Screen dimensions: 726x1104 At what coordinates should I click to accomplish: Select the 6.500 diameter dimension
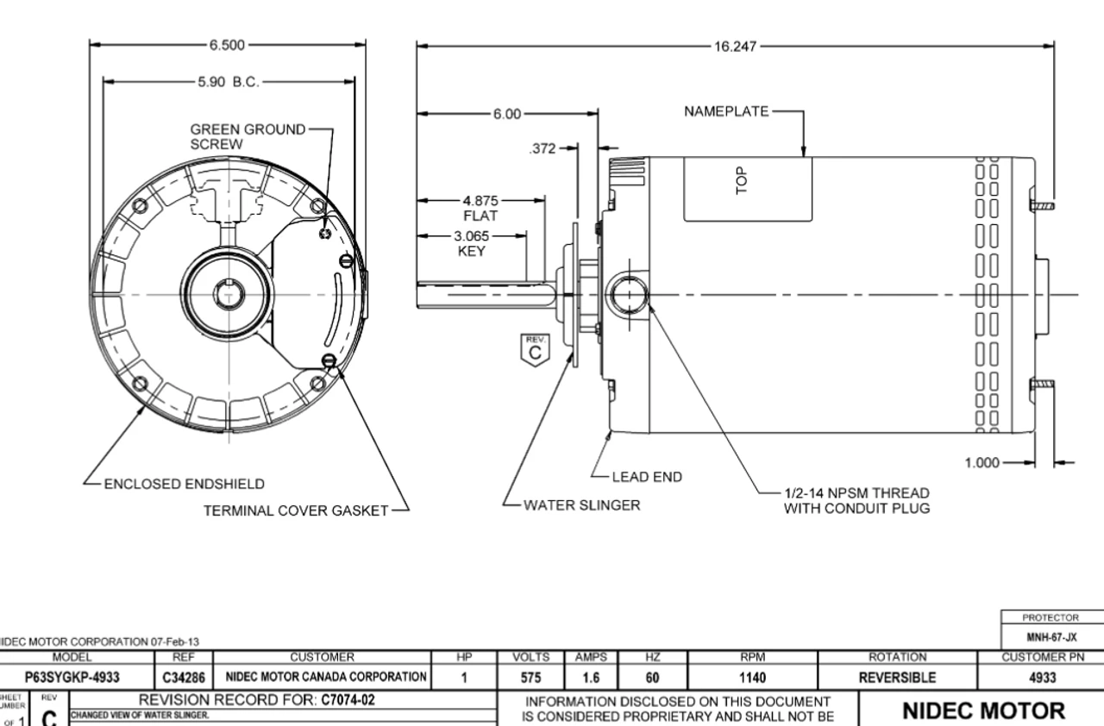coord(227,45)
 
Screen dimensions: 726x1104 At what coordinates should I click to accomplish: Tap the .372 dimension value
coord(541,148)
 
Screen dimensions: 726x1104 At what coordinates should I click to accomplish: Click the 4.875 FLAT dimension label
coord(480,208)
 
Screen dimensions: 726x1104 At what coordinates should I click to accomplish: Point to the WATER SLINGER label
coord(581,505)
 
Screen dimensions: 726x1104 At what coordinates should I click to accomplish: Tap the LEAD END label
coord(646,476)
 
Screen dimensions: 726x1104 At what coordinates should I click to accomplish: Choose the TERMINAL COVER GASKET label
coord(296,510)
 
